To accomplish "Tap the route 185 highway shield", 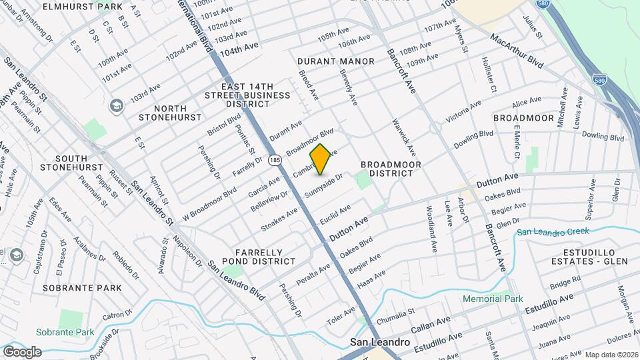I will coord(275,160).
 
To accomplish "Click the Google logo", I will coord(22,351).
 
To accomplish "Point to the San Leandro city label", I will coord(381,342).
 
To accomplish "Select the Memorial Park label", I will coord(493,299).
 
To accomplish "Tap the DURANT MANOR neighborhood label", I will coord(336,61).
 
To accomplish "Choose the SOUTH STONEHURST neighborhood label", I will coord(70,162).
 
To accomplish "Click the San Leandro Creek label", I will coord(553,232).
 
